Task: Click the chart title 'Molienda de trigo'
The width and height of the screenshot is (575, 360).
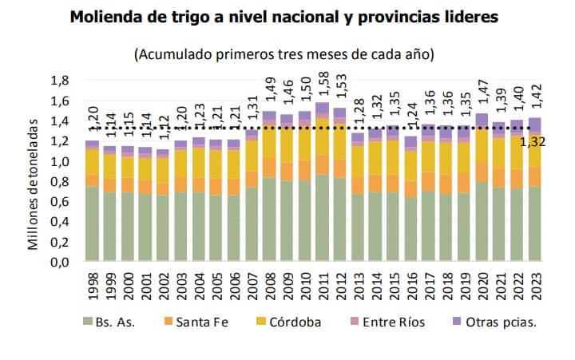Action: coord(284,17)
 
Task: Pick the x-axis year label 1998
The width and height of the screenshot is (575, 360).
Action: coord(93,285)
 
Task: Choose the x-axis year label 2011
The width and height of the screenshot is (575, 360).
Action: coord(322,285)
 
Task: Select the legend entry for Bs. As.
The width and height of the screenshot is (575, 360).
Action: coord(113,322)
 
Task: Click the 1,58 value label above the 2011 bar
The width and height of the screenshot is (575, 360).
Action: coord(322,85)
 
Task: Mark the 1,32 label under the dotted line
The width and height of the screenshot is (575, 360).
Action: coord(533,143)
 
